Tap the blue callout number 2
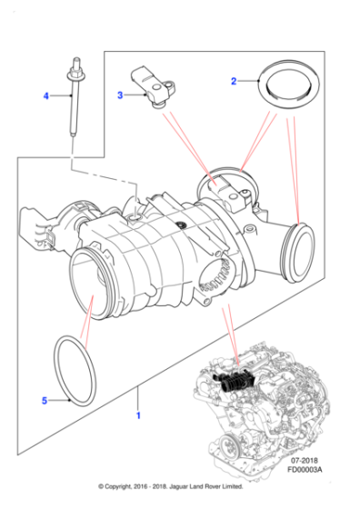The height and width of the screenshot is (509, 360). [234, 81]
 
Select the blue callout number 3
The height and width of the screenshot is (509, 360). [119, 94]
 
